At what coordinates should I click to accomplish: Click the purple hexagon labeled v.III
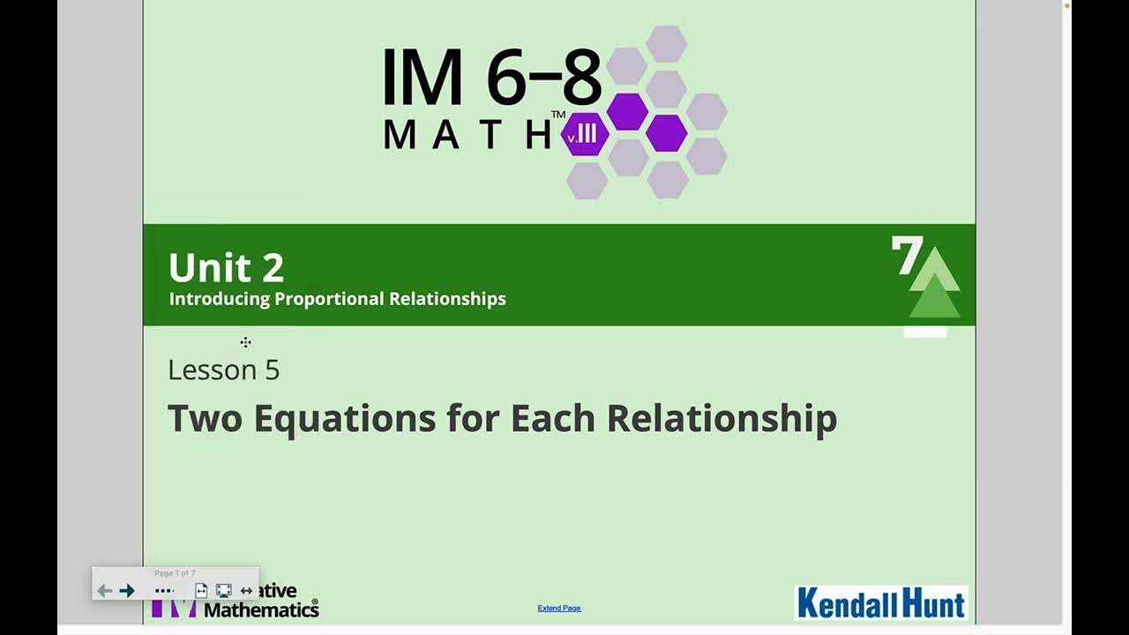coord(584,136)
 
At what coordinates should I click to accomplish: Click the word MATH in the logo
coord(468,134)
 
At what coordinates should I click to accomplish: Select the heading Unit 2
coord(226,267)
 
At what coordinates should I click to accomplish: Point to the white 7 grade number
coord(906,257)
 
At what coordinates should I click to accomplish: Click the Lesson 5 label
coord(223,370)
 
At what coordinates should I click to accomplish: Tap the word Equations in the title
coord(344,418)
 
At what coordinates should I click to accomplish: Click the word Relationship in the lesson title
coord(721,418)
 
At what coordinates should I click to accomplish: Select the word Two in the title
coord(205,418)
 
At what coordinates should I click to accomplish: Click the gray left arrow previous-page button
coord(104,591)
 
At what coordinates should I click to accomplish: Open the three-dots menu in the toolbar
coord(164,591)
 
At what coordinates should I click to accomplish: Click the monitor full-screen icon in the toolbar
coord(224,591)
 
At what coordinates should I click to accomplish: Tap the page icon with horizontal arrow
coord(201,591)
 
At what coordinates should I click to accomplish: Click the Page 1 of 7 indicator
coord(175,573)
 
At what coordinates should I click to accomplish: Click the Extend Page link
coord(559,608)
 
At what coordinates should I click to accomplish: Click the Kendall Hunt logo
coord(881,603)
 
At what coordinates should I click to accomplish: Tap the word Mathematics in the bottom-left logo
coord(261,609)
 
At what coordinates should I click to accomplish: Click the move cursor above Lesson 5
coord(245,342)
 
